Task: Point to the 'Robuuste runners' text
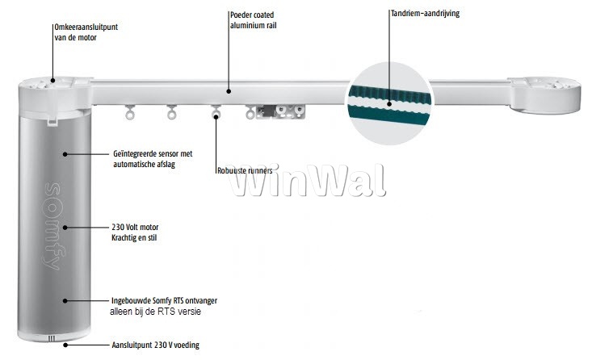pos(250,170)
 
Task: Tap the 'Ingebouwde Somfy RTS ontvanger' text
pos(164,300)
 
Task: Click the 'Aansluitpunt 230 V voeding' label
pos(154,345)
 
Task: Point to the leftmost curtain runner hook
pos(128,114)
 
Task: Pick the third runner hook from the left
pos(216,114)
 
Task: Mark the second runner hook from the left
pos(171,114)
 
